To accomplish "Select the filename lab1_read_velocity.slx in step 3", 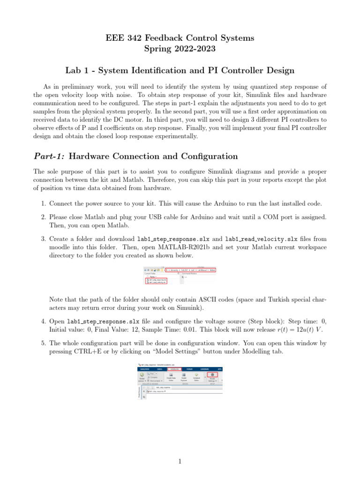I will (261, 239).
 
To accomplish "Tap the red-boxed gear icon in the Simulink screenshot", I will (212, 375).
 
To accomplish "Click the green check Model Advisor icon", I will (142, 375).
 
